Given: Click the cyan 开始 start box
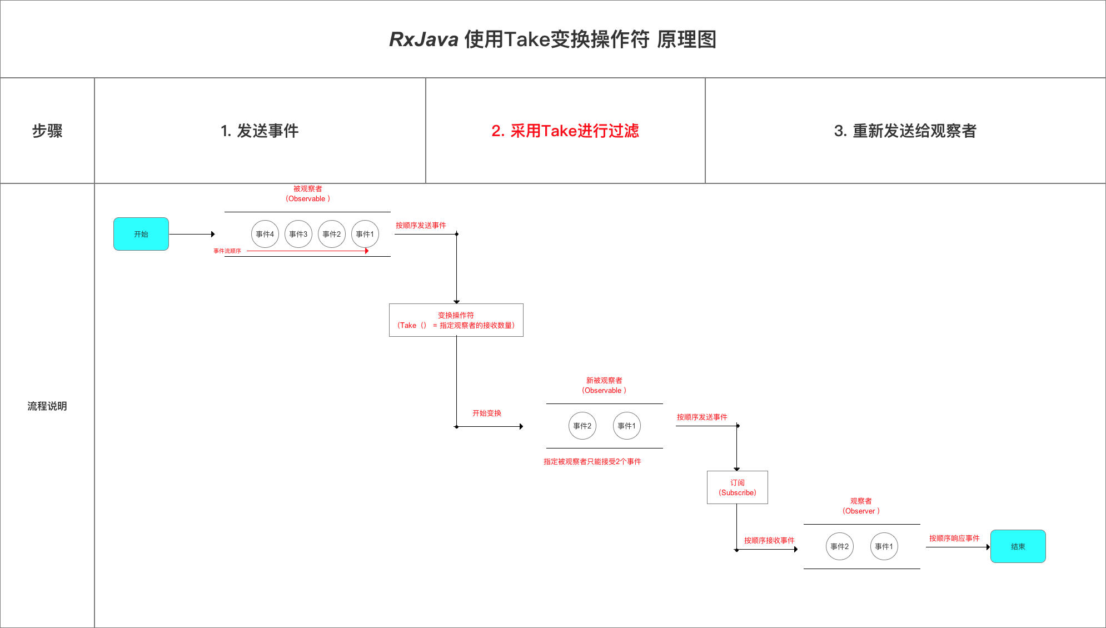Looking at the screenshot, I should click(x=141, y=234).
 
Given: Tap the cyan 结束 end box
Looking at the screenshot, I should click(x=1018, y=546).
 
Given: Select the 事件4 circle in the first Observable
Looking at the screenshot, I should click(x=265, y=234).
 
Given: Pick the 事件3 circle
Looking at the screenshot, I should click(x=298, y=234).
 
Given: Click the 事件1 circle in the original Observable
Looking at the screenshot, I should click(x=365, y=234).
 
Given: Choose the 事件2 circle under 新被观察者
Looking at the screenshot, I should click(x=582, y=426).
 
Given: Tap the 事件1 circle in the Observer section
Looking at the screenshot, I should click(x=884, y=546).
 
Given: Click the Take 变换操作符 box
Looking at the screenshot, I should click(x=456, y=320).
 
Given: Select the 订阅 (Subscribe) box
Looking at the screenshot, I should click(x=737, y=487).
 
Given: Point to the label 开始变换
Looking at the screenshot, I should click(x=487, y=413).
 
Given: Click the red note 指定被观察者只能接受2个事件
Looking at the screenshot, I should click(x=592, y=461).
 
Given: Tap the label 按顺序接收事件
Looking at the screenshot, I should click(x=769, y=540).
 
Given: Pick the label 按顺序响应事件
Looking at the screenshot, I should click(x=954, y=538).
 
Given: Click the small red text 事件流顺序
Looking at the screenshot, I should click(x=227, y=251).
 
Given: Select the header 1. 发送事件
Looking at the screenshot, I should click(x=260, y=131).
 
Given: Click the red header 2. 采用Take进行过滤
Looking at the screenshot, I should click(x=565, y=131).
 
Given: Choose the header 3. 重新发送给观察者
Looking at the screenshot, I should click(x=905, y=131).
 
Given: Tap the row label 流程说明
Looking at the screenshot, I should click(x=47, y=406).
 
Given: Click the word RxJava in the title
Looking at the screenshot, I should click(x=424, y=39).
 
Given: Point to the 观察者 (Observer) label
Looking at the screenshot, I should click(x=861, y=506).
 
